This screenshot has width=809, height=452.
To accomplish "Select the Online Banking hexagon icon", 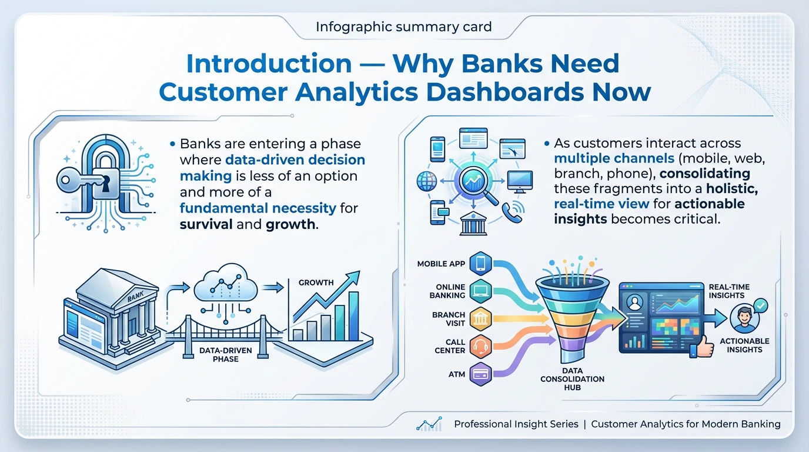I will (480, 291).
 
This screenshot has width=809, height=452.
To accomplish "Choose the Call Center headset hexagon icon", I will (480, 346).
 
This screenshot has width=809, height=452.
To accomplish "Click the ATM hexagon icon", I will (480, 374).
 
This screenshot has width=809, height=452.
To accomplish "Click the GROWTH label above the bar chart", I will (316, 282).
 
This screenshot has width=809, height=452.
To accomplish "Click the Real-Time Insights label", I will (729, 291).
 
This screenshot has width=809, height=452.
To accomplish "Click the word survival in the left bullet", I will (205, 224).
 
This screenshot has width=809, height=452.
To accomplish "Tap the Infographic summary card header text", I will (404, 27).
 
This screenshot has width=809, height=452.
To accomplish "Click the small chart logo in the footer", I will (428, 424).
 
